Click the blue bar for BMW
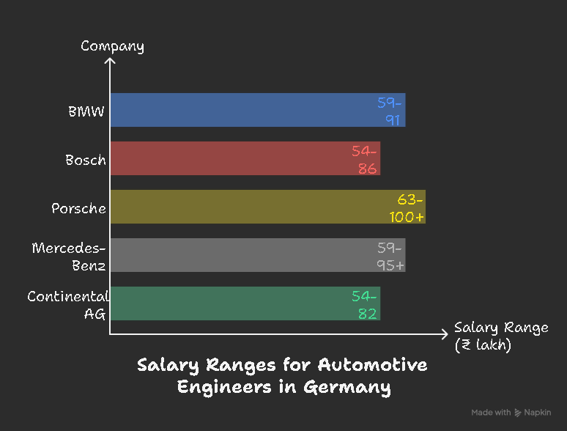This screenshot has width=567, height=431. point(242,110)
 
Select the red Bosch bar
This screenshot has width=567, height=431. point(234,158)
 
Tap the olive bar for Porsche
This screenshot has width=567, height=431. point(249,207)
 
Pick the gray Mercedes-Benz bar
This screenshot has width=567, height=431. point(242,255)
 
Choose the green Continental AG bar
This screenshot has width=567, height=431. point(234,303)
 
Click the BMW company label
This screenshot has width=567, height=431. point(86,111)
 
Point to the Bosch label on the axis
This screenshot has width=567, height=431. point(86,160)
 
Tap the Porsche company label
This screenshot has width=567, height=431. point(79,208)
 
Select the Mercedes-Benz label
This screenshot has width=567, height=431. point(70,256)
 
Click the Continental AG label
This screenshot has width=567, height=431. point(68,305)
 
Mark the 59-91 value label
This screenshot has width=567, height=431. point(390,111)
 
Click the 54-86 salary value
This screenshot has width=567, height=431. point(365,159)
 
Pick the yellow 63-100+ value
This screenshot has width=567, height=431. point(409,207)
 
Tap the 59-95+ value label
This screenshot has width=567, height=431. point(388,256)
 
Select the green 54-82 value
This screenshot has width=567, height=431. point(365,304)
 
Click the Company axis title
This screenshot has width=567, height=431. point(112,46)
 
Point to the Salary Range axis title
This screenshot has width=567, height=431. point(500,336)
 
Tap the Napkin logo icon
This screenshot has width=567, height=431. point(518,413)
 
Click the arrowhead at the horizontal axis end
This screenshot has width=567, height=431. point(444,334)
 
